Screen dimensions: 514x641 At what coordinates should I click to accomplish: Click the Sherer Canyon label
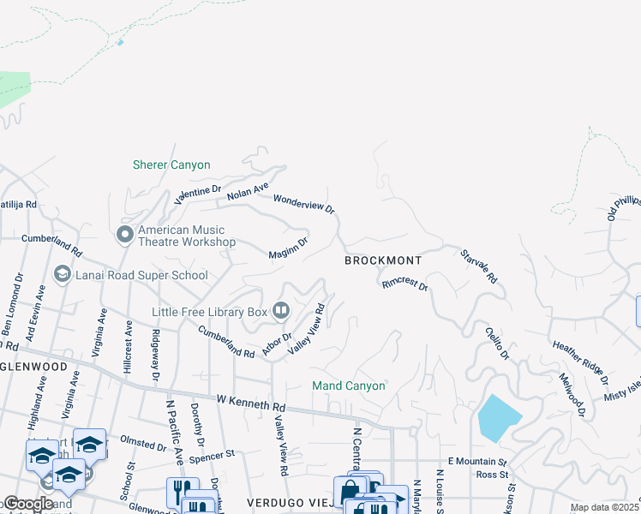[x=171, y=164]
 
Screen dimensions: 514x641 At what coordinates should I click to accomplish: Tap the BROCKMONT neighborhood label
[x=383, y=260]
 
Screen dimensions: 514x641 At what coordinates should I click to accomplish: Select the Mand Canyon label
[x=348, y=386]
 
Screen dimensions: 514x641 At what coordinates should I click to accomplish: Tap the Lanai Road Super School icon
[x=62, y=275]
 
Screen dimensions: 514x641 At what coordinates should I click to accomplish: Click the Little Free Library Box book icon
[x=281, y=311]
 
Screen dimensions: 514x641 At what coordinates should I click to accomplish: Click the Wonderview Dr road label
[x=303, y=204]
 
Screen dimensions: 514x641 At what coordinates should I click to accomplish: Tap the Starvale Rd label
[x=479, y=266]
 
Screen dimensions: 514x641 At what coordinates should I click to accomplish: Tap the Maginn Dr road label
[x=287, y=249]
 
